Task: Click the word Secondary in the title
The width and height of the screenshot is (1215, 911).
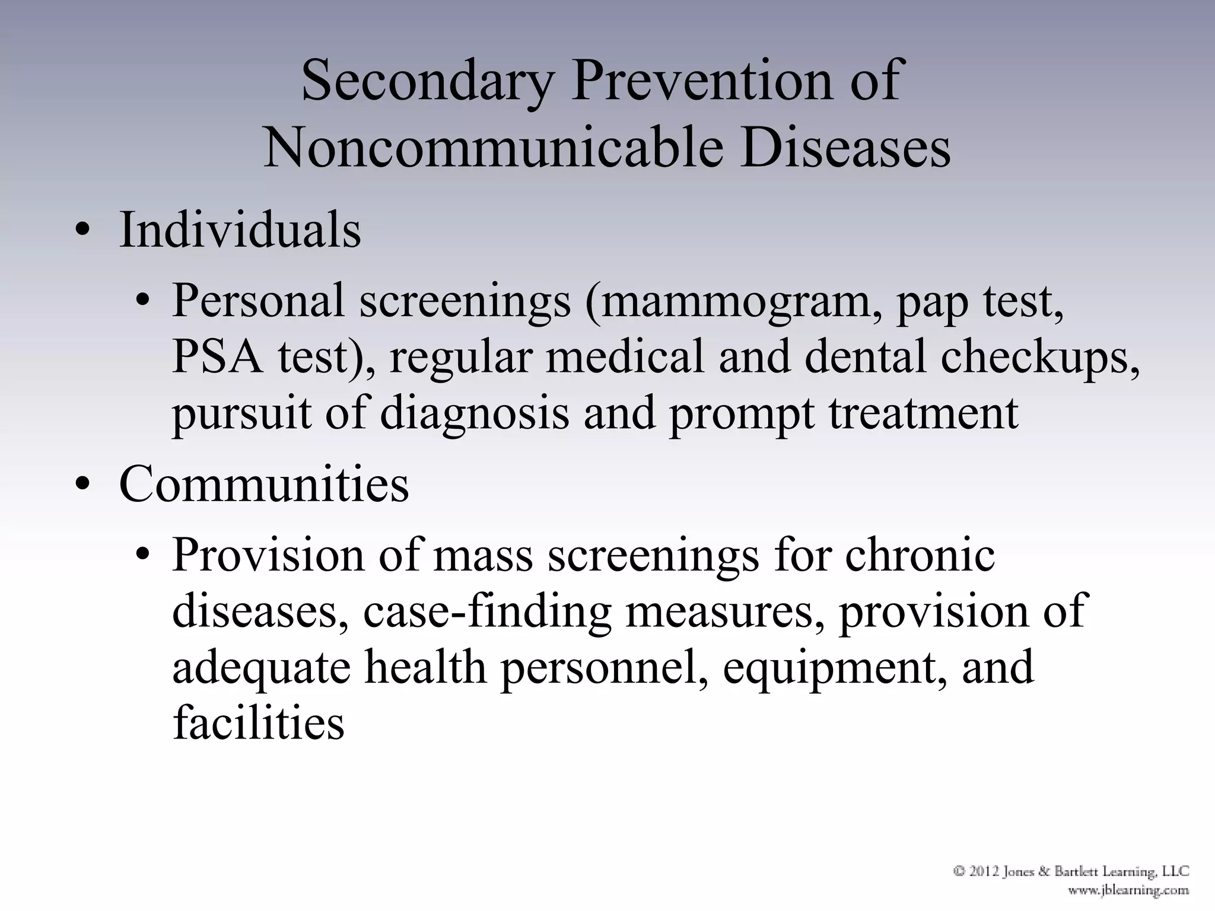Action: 428,81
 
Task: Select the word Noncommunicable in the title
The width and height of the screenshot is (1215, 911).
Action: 492,148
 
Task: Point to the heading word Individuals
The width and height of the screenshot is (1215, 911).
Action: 240,231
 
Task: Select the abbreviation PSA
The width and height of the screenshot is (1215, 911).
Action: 217,357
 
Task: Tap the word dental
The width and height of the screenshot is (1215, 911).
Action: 866,357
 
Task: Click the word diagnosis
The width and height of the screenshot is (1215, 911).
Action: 474,414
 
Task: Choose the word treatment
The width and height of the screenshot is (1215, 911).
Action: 923,413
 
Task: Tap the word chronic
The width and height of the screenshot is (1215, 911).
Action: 920,555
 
